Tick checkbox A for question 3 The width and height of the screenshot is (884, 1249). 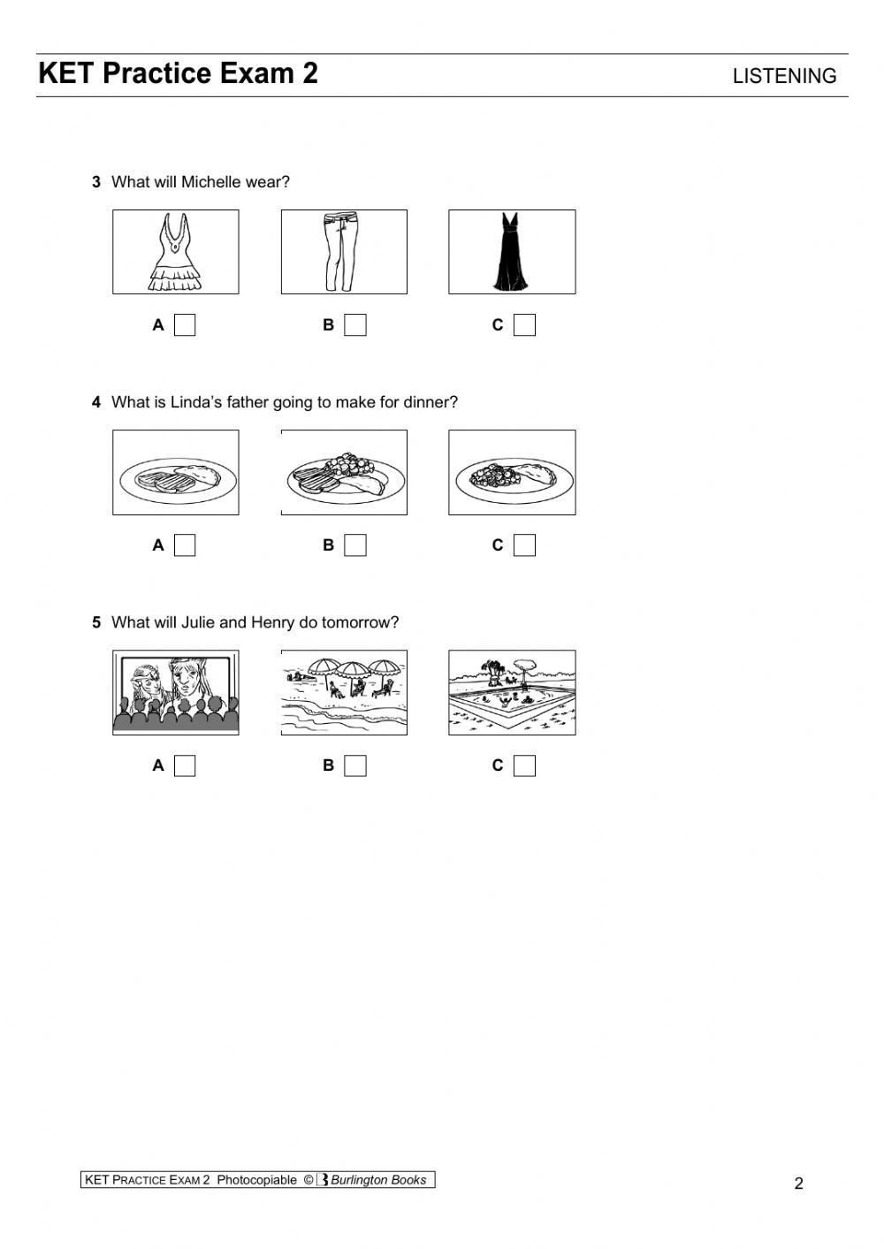pos(185,325)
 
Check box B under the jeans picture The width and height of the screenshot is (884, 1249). pos(354,325)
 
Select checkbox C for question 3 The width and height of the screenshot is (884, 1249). pos(524,325)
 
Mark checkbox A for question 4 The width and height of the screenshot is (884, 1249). pos(185,545)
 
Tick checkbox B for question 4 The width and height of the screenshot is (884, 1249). pos(354,545)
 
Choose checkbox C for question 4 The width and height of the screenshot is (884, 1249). pos(524,545)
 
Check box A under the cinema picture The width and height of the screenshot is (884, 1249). pos(185,765)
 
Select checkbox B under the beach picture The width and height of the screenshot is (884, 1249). pos(354,765)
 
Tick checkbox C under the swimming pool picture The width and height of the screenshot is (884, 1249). pos(524,765)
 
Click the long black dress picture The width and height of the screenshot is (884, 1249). pos(512,252)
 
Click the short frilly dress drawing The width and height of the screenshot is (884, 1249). pos(175,252)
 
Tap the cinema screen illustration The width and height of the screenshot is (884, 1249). pos(175,692)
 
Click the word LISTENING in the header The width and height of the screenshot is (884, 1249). pos(784,77)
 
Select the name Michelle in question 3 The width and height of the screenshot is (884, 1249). pos(210,182)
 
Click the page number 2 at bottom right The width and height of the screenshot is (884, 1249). pos(798,1184)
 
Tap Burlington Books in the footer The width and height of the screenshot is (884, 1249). pos(377,1180)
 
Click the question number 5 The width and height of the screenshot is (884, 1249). pos(96,622)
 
